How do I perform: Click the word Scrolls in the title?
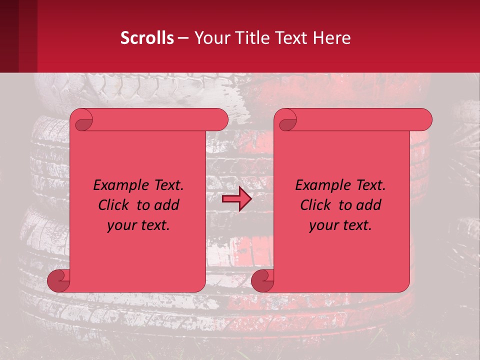coord(147,38)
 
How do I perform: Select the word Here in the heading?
coord(332,38)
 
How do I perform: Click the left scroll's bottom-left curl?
coord(58,281)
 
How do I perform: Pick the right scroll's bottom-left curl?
coord(262,281)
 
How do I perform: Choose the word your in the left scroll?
coord(120,226)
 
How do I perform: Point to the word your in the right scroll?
coord(322,226)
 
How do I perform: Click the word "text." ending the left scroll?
coord(153,226)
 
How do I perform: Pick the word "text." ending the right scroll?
coord(355,226)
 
